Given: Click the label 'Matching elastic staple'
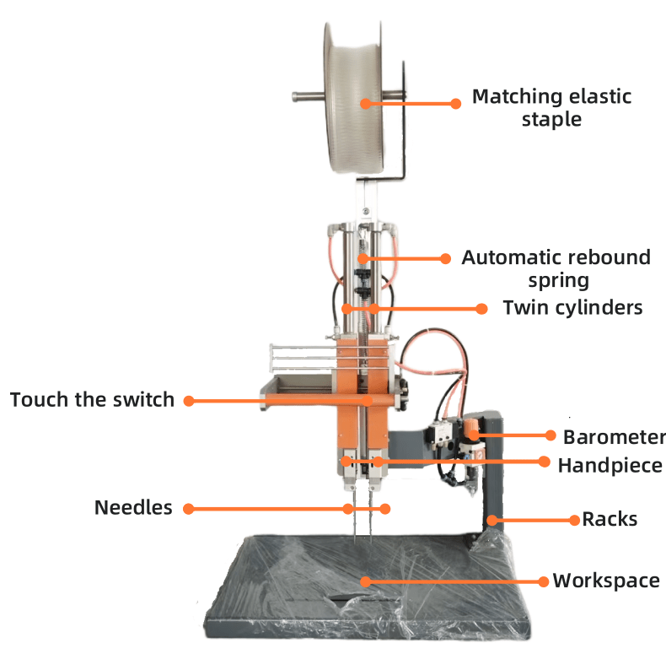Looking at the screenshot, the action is [x=551, y=108].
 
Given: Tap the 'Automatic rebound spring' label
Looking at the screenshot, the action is [x=556, y=269].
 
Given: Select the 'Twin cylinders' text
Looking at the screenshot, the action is [x=572, y=308].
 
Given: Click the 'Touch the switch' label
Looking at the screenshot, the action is [x=92, y=400].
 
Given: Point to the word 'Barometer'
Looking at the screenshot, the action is [x=615, y=437].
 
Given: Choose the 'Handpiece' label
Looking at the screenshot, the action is [x=610, y=466].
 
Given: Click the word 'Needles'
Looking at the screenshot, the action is [x=133, y=507].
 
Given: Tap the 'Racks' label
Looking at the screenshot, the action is [x=610, y=519].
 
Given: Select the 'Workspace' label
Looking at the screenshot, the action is [x=606, y=581].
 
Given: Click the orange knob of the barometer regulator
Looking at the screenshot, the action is [x=471, y=427].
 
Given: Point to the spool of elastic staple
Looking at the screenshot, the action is [x=354, y=98].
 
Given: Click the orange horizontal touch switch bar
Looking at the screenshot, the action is [x=330, y=400].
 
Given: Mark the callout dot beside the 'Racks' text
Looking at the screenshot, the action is [x=574, y=520].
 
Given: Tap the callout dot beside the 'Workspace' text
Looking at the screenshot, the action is [x=543, y=581].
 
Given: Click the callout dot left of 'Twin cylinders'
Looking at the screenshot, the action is [x=481, y=309].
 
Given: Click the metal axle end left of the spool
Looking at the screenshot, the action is [x=295, y=97].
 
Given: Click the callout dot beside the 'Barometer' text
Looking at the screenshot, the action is [x=551, y=435].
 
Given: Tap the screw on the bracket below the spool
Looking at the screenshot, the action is [x=366, y=211].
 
